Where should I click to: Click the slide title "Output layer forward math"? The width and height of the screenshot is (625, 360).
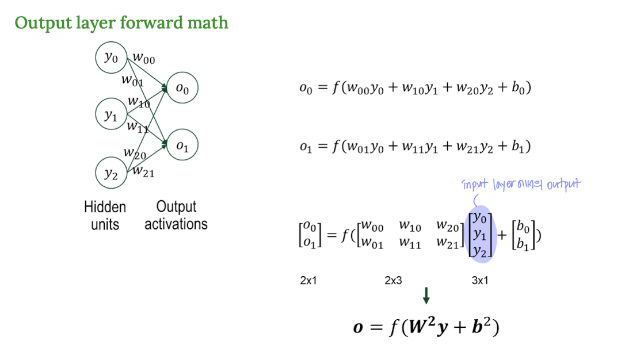coord(121,23)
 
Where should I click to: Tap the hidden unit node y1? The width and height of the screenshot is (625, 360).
coord(111,116)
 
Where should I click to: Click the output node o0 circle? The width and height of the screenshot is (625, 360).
coord(182,89)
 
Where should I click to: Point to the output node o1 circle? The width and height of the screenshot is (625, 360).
coord(182,147)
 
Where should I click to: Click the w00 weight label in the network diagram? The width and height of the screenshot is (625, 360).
coord(143,58)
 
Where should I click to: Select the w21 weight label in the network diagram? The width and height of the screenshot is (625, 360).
coord(143,171)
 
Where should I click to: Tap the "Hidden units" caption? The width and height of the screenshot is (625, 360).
coord(105,215)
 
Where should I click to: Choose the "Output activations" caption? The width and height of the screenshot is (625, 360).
coord(176,215)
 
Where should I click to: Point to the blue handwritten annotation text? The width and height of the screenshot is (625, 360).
coord(521,185)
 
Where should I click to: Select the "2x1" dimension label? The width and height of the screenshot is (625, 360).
coord(308,281)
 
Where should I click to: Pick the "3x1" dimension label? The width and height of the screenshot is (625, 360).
coord(480,281)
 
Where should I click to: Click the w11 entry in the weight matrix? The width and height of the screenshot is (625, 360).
coord(410,244)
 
